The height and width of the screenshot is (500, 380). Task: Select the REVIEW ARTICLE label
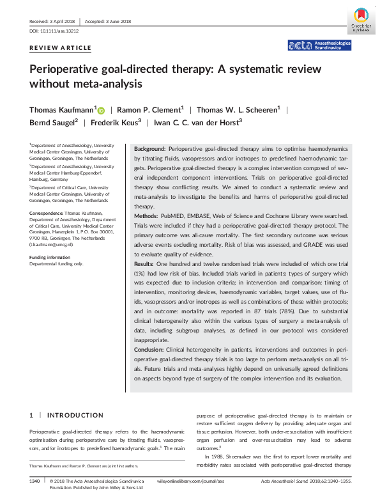[x=60, y=48]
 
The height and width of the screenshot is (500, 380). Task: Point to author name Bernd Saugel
[x=53, y=122]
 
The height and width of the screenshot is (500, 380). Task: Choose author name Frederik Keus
[x=113, y=122]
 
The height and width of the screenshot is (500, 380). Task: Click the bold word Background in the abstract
[x=149, y=148]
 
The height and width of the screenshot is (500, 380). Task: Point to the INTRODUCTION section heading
[x=75, y=416]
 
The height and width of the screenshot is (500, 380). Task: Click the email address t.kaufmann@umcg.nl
[x=51, y=245]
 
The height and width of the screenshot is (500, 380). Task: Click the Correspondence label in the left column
[x=46, y=212]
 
